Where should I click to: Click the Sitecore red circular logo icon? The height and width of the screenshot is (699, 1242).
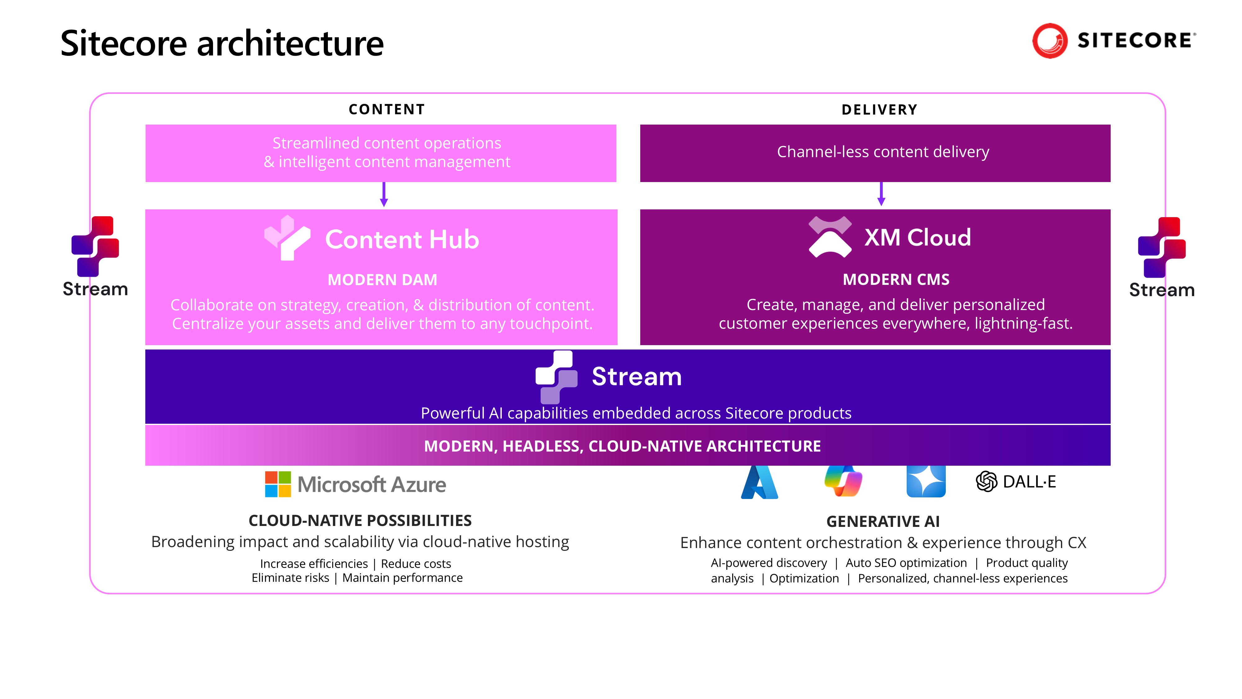click(x=1049, y=41)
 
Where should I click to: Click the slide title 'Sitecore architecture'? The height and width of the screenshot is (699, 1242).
click(x=222, y=43)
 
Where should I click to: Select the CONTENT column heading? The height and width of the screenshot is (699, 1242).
click(x=387, y=109)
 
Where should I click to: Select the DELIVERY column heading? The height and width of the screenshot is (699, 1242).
click(x=879, y=110)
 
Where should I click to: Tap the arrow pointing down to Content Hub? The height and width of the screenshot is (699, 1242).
click(x=384, y=195)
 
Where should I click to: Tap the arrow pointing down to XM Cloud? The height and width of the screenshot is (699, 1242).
click(x=881, y=194)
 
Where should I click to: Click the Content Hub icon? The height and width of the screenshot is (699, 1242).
click(x=287, y=238)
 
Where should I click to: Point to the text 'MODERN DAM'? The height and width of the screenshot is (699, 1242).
click(x=382, y=280)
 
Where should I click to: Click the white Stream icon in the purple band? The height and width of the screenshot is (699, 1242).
click(x=556, y=377)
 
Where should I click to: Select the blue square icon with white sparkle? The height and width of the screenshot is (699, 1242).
click(x=926, y=482)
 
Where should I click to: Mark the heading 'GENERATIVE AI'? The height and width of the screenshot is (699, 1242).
click(x=883, y=522)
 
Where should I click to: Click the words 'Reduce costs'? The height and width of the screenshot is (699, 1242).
click(x=416, y=564)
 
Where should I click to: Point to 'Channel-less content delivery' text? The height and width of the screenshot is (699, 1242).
click(x=883, y=152)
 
